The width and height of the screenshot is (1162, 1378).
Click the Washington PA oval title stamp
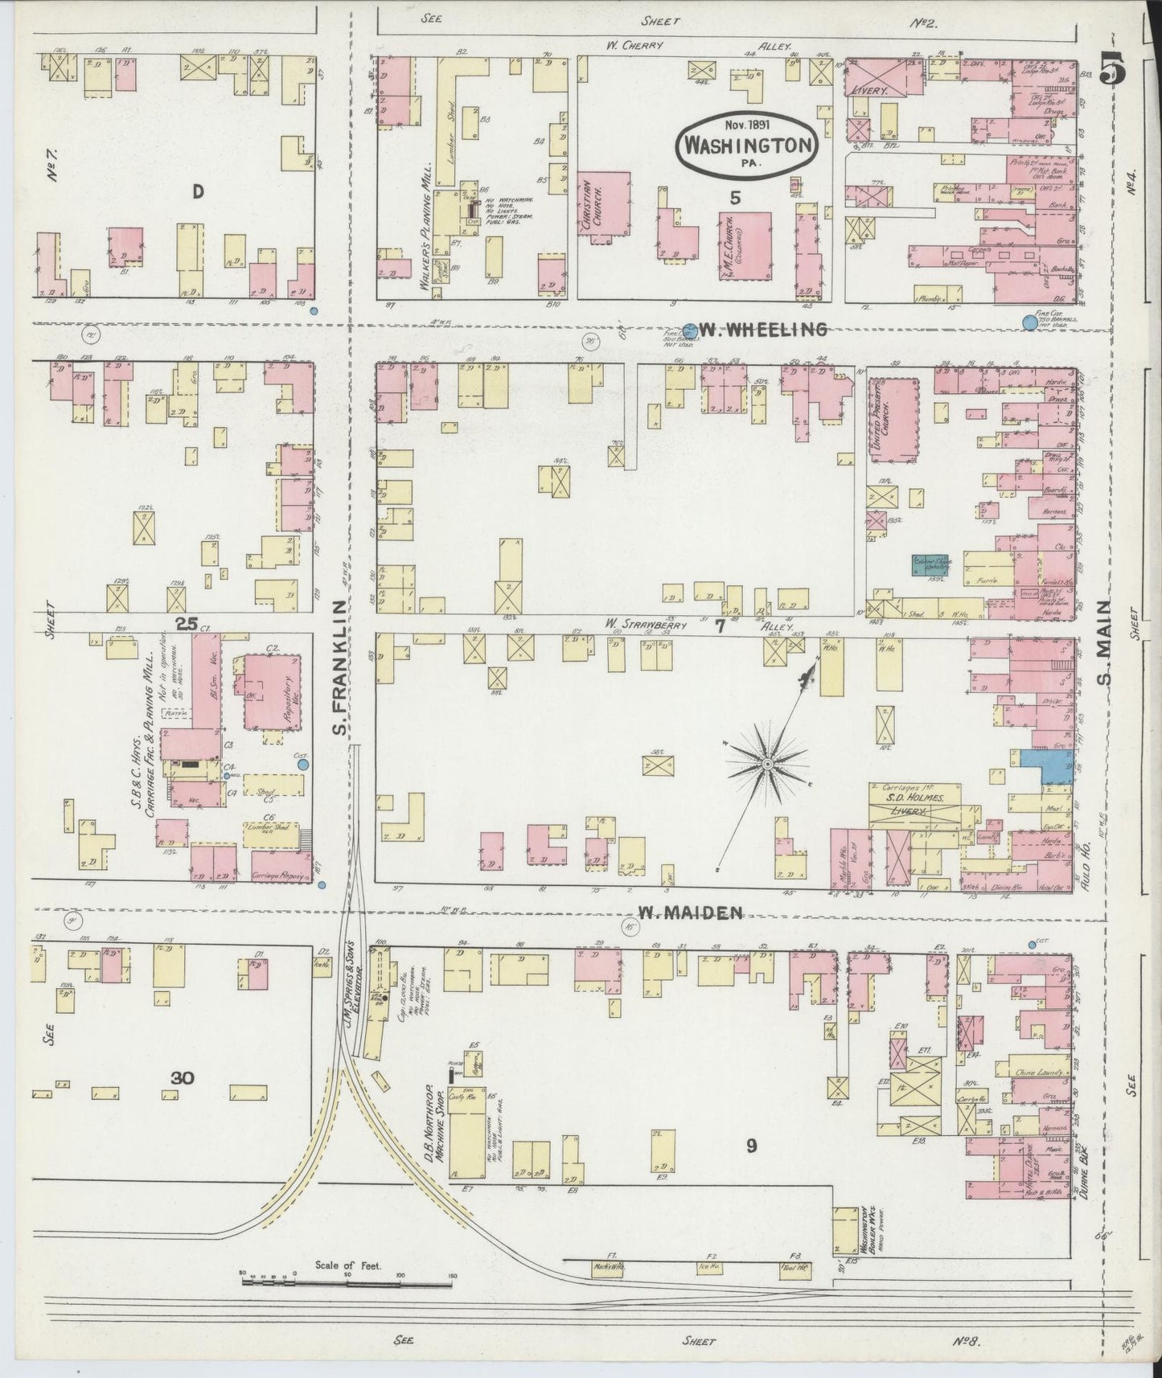[745, 142]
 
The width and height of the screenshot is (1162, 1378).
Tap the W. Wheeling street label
[762, 329]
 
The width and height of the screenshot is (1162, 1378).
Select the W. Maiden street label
[689, 912]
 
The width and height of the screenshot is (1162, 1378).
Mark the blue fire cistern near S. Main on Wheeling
[1029, 322]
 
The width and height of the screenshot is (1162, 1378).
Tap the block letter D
[195, 191]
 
